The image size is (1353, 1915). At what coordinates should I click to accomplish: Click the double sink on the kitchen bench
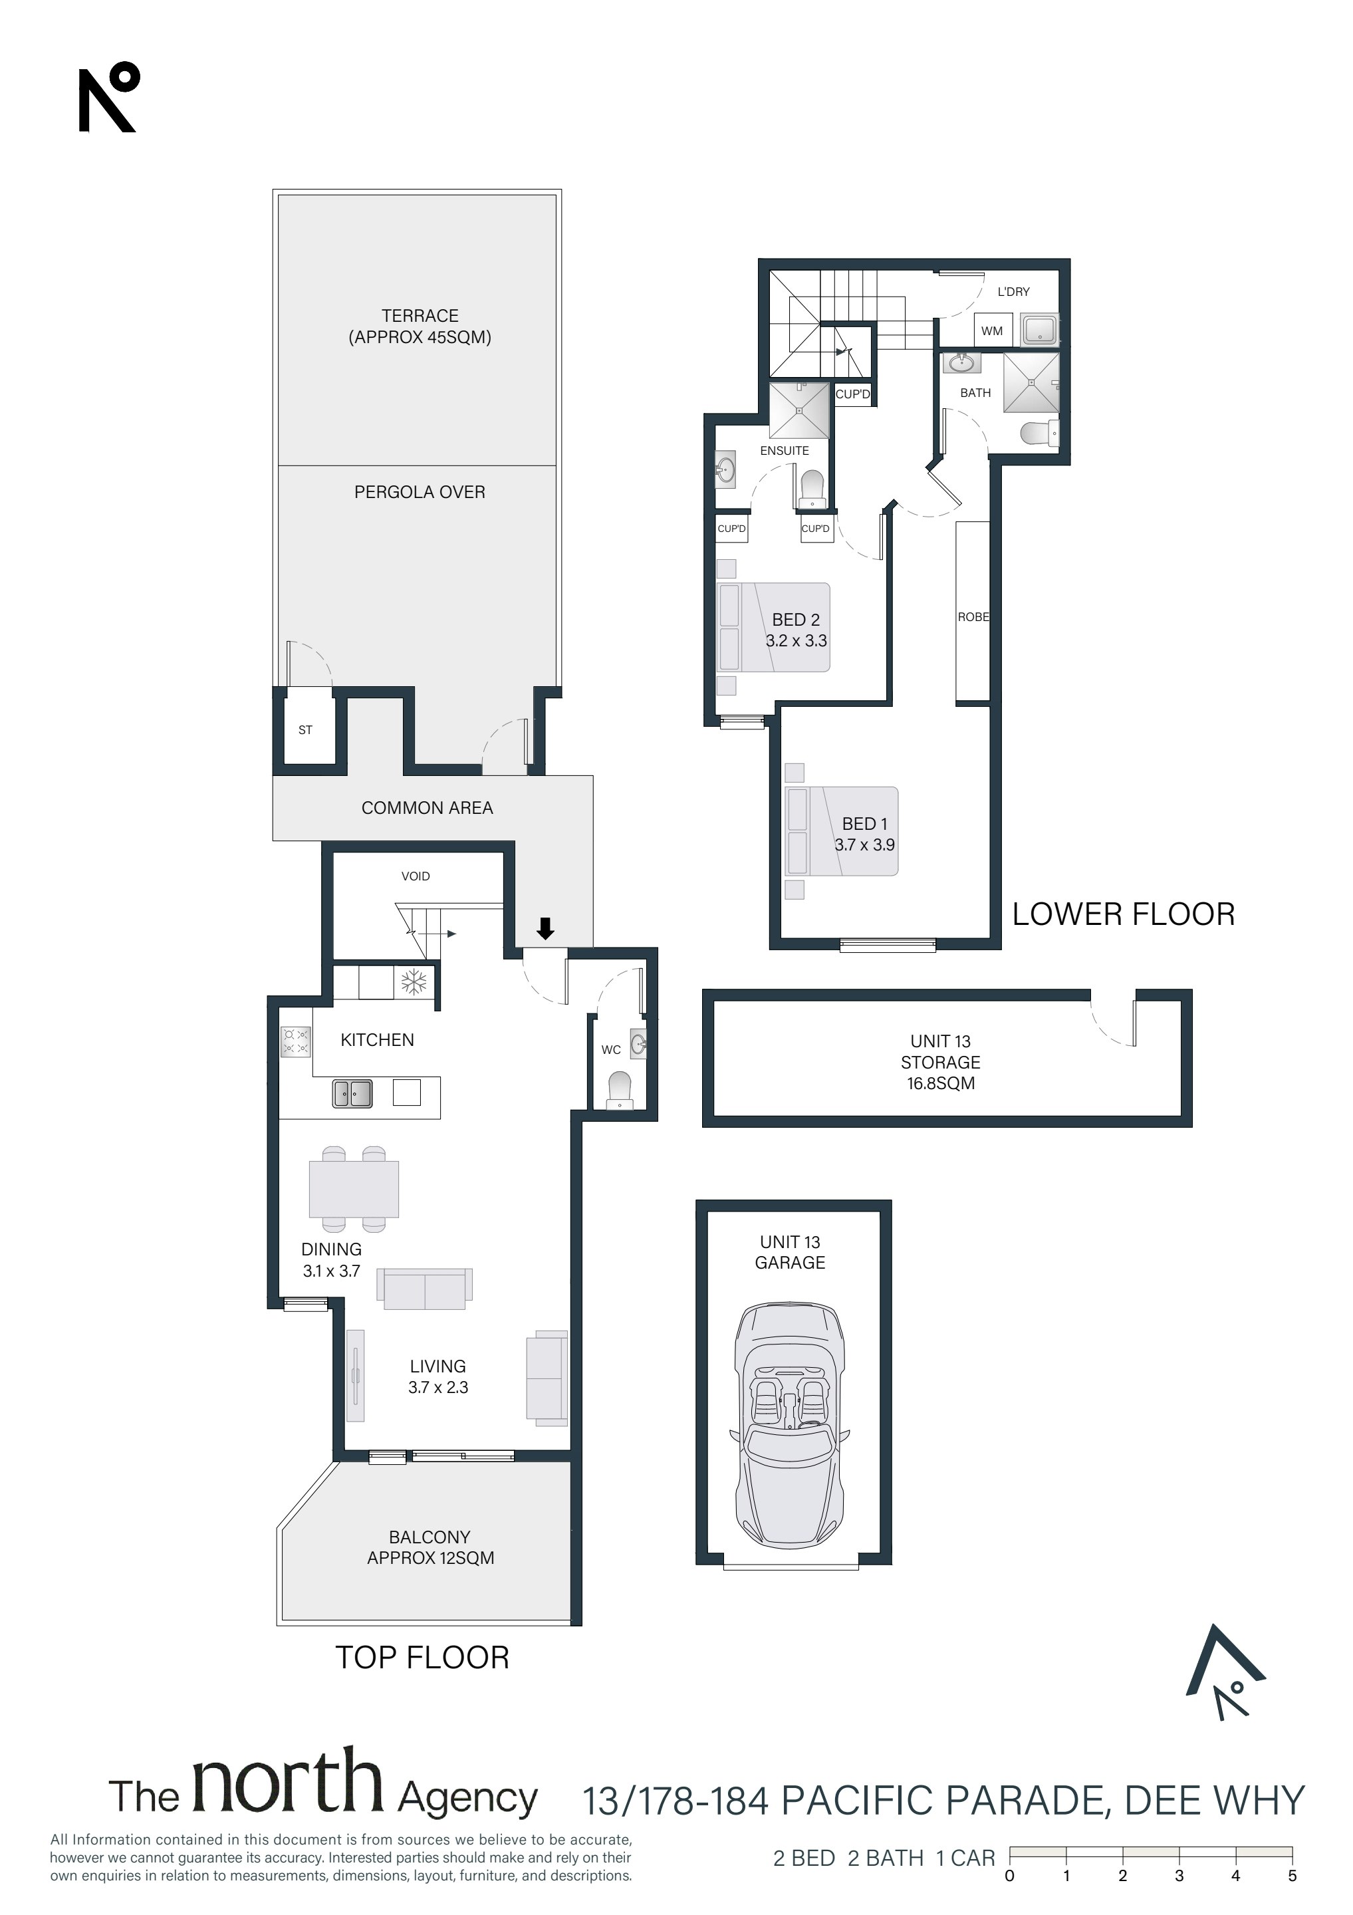(353, 1092)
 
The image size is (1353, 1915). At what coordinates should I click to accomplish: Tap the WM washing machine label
(992, 330)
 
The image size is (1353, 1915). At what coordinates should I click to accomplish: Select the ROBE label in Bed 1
(973, 616)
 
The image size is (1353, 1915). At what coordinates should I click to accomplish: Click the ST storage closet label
(305, 730)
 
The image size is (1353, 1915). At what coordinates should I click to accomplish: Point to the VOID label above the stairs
(416, 876)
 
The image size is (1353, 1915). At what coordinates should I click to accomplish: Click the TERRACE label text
(420, 315)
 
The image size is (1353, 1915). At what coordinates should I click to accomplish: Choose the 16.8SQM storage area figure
(941, 1083)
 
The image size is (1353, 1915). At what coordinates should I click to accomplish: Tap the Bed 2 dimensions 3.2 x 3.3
(797, 640)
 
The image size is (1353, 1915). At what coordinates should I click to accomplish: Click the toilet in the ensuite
(812, 489)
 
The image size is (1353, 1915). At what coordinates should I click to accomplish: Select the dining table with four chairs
(354, 1190)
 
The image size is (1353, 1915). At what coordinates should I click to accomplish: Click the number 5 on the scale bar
(1292, 1876)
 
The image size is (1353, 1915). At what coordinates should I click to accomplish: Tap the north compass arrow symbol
(1226, 1672)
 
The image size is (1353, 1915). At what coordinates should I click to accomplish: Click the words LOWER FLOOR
(1124, 914)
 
